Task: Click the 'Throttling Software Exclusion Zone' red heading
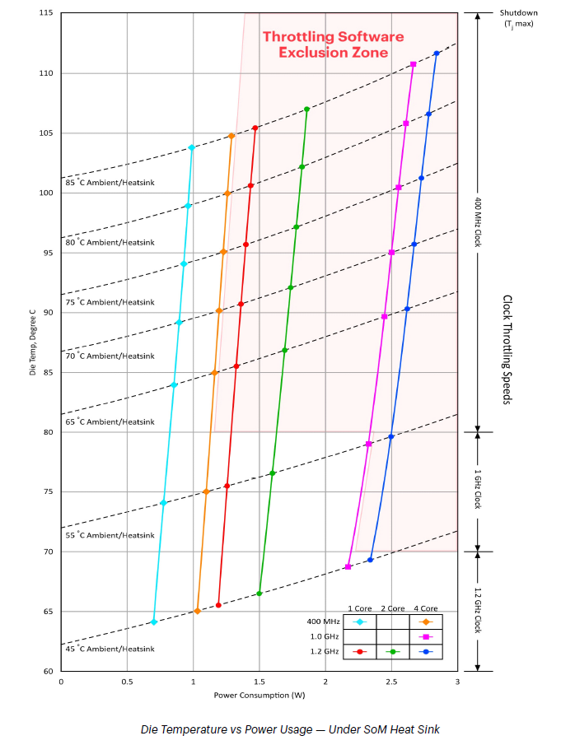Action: pos(333,44)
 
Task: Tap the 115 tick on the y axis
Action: pos(45,13)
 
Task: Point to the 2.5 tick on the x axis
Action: pos(391,682)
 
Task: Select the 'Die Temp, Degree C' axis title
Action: pos(33,342)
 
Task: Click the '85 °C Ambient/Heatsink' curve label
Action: pos(110,183)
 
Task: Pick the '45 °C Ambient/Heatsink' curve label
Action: pos(110,649)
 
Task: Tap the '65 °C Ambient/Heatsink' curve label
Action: pos(110,421)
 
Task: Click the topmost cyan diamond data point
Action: pos(192,147)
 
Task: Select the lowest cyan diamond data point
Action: pos(154,622)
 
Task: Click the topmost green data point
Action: pos(307,109)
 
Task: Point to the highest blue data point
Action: pos(437,54)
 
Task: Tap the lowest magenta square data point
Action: pos(348,566)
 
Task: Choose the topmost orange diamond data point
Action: pos(231,136)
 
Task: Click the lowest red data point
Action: pos(218,605)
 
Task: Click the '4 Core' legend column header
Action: pos(426,608)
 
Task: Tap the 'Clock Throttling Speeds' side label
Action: pos(507,349)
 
